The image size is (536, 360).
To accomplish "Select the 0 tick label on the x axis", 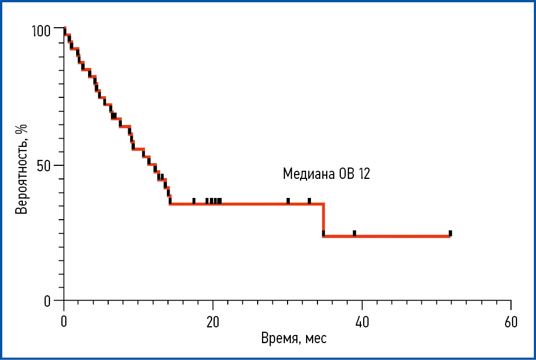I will (x=64, y=321).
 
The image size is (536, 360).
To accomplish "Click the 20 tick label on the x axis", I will (x=213, y=321).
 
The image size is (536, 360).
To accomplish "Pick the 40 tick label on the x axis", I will (x=362, y=321).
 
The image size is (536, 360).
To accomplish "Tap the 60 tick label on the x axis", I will (x=510, y=321).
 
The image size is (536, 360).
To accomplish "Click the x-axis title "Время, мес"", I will (x=294, y=339).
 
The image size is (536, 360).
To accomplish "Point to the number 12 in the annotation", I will (x=364, y=174).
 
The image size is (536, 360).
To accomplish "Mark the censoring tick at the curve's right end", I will (x=450, y=233).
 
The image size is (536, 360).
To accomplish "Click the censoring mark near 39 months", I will (x=354, y=233).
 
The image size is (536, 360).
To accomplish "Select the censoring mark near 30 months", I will (x=288, y=201).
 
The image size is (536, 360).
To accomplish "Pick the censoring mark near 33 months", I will (x=309, y=201).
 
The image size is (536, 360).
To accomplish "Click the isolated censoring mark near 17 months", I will (x=194, y=201).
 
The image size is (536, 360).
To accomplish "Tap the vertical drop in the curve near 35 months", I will (x=323, y=220).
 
